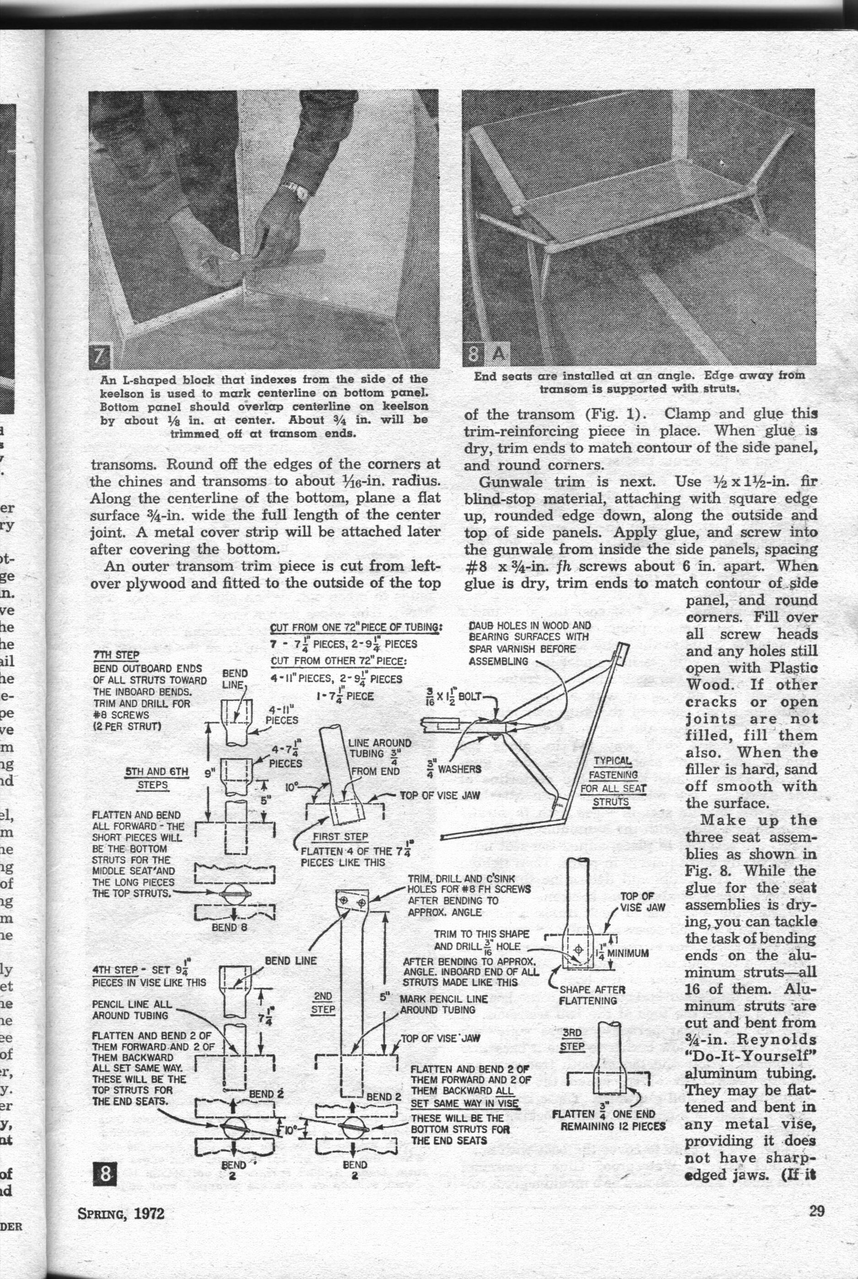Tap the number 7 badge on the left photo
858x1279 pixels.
pos(100,358)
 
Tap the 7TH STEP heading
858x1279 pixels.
pos(116,655)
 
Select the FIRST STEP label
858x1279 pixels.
pos(340,837)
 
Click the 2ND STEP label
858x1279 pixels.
pos(323,1003)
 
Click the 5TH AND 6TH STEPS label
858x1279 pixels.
pos(156,777)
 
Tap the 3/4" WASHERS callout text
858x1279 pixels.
pos(453,768)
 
